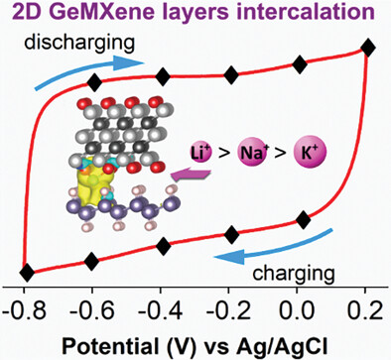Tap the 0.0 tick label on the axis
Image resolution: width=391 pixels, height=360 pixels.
pyautogui.click(x=297, y=311)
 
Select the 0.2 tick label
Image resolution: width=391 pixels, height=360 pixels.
pyautogui.click(x=365, y=311)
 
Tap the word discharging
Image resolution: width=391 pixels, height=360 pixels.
pyautogui.click(x=79, y=43)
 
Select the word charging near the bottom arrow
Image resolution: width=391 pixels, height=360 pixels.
pyautogui.click(x=294, y=274)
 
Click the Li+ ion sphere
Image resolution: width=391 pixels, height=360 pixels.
pyautogui.click(x=201, y=153)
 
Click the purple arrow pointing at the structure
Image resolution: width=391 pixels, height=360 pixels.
pyautogui.click(x=191, y=175)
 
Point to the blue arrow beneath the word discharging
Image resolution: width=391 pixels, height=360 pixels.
pyautogui.click(x=89, y=68)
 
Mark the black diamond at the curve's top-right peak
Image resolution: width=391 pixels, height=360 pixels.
pyautogui.click(x=367, y=49)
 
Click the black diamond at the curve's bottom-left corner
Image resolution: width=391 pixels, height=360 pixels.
pyautogui.click(x=27, y=273)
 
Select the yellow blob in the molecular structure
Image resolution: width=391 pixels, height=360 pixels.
pyautogui.click(x=87, y=186)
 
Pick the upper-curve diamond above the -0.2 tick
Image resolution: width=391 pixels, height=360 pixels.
pyautogui.click(x=231, y=75)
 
